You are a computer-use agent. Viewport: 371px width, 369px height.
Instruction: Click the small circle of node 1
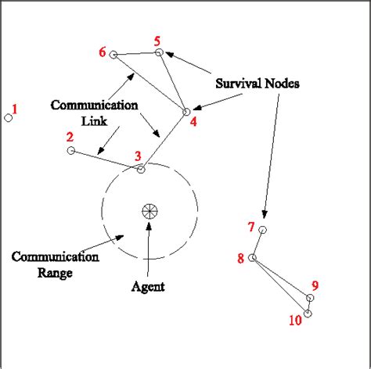(x=9, y=118)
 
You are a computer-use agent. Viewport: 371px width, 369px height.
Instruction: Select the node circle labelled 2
(x=71, y=150)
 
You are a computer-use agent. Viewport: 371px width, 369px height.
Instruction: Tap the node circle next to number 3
(x=142, y=169)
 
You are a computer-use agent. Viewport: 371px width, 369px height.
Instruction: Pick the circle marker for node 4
(x=186, y=112)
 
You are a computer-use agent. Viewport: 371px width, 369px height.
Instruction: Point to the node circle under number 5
(x=159, y=52)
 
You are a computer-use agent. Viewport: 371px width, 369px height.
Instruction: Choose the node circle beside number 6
(x=113, y=55)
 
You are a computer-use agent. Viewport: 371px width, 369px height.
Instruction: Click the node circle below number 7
(x=263, y=230)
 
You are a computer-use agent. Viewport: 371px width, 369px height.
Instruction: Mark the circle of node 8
(x=252, y=257)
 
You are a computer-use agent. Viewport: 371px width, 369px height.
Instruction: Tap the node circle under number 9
(x=311, y=298)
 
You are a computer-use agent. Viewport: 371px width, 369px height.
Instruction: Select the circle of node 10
(x=308, y=313)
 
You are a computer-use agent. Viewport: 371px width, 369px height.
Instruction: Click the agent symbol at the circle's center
(x=148, y=210)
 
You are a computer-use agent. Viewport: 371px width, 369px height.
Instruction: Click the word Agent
(x=148, y=287)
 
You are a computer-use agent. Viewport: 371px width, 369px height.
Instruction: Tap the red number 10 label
(x=294, y=320)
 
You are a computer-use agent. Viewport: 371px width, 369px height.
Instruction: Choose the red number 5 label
(x=157, y=40)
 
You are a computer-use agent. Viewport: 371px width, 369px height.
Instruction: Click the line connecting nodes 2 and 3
(x=106, y=159)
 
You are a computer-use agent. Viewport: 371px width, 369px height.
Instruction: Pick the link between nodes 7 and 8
(x=258, y=243)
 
